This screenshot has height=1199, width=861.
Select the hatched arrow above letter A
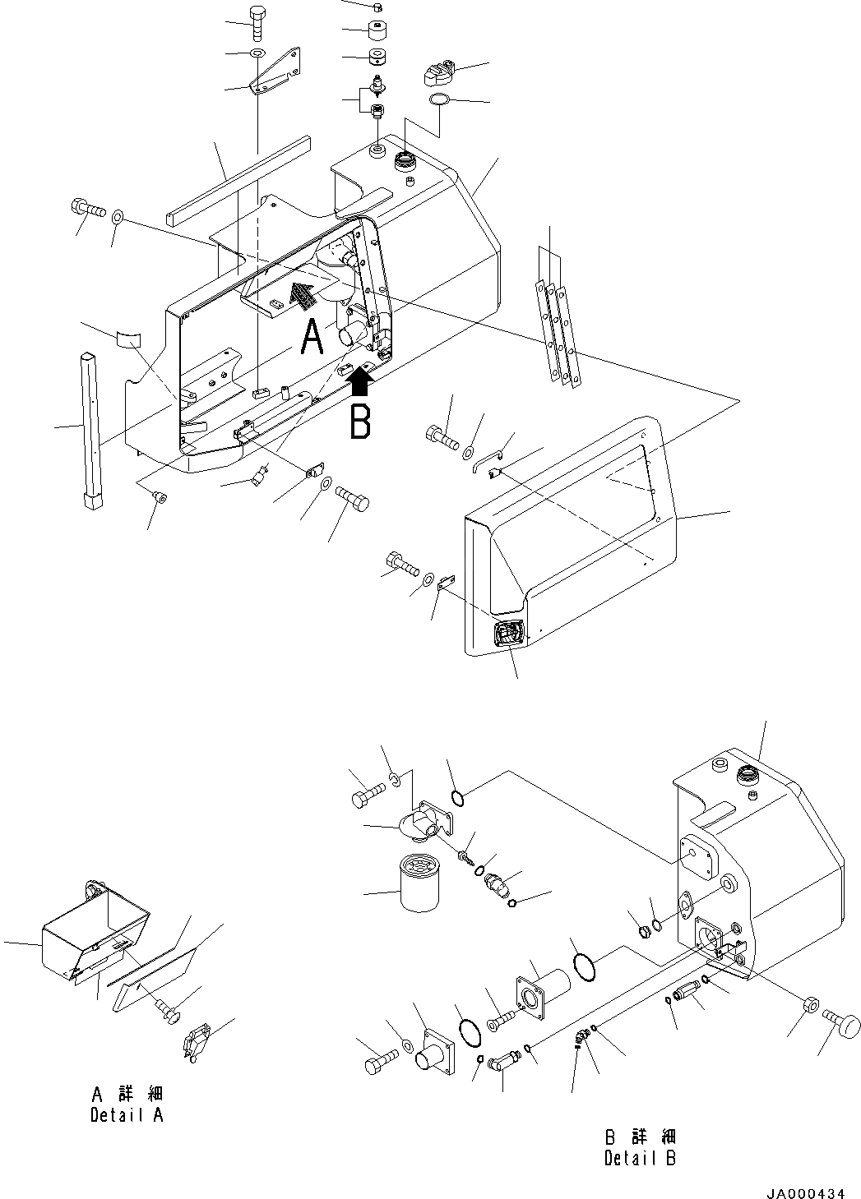[x=303, y=294]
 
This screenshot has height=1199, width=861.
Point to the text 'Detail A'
[x=127, y=1115]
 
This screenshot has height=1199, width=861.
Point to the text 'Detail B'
[x=640, y=1159]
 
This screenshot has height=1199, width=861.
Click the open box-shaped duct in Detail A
[x=95, y=933]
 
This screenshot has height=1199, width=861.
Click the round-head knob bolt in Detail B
[x=841, y=1019]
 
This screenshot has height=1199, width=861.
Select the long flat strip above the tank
[x=238, y=182]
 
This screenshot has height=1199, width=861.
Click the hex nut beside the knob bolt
[x=809, y=1006]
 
